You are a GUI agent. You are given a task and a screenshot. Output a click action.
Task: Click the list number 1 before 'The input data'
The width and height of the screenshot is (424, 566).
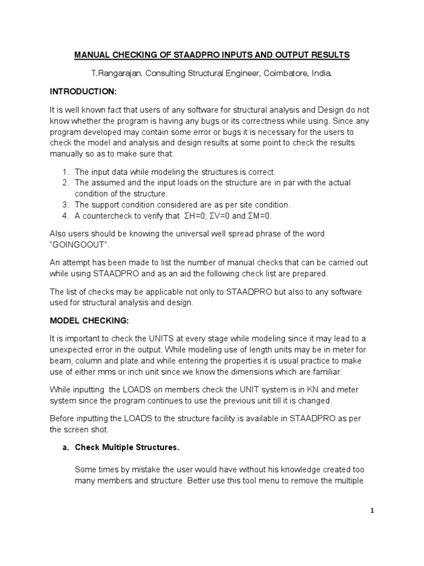pyautogui.click(x=65, y=172)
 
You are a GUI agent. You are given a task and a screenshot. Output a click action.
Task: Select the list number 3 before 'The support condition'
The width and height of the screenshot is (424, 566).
pyautogui.click(x=65, y=205)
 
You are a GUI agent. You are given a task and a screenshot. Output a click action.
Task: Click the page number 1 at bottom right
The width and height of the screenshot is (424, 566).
pyautogui.click(x=372, y=511)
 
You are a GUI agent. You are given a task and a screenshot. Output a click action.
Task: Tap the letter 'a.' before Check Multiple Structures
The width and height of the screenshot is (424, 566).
pyautogui.click(x=65, y=447)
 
